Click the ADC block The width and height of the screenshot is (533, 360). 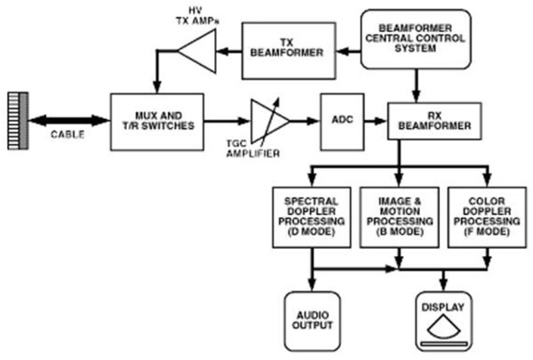[341, 118]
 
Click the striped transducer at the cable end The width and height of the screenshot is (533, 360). [19, 118]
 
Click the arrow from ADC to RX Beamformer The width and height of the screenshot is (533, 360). [377, 118]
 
